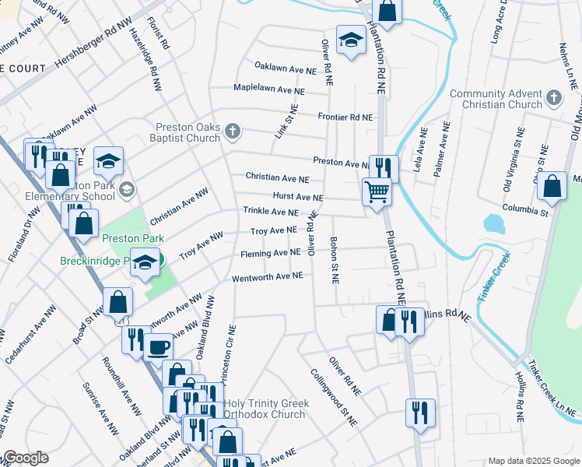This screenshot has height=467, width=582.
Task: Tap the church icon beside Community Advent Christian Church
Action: click(553, 98)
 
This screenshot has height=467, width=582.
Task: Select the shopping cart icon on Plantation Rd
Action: click(377, 190)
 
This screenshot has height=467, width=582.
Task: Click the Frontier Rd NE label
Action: click(345, 118)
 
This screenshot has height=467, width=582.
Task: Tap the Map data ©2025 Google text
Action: click(534, 461)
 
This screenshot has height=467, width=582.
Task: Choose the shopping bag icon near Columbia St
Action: click(552, 187)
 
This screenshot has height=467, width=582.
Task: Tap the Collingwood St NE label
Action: click(332, 398)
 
